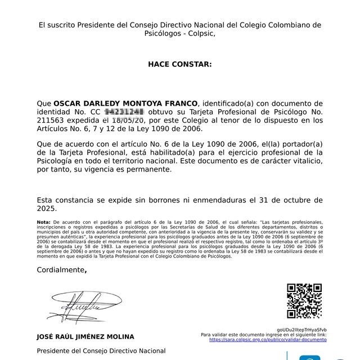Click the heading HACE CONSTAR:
click(180, 64)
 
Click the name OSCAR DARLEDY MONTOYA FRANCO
click(125, 103)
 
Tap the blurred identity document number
click(124, 112)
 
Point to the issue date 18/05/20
click(128, 120)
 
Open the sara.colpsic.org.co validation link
click(268, 340)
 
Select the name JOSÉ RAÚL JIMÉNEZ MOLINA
click(85, 336)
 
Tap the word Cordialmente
click(60, 270)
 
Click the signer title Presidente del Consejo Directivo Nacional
click(101, 350)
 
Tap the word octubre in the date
click(290, 200)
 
